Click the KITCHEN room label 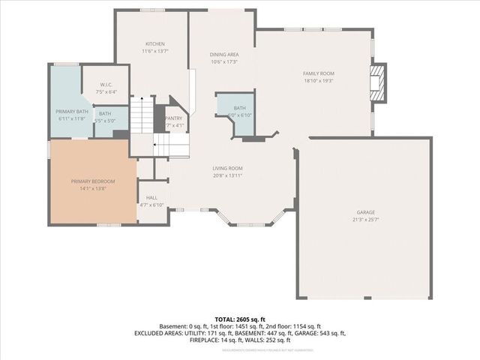[154, 44]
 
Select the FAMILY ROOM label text [317, 73]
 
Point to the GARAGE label [365, 212]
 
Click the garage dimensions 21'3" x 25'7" [365, 220]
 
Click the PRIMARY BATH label [70, 112]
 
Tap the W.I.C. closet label [106, 85]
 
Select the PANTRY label [174, 118]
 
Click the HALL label [151, 197]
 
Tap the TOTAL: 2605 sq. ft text [240, 319]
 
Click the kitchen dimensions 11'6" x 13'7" [154, 51]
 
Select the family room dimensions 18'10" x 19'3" [317, 79]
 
